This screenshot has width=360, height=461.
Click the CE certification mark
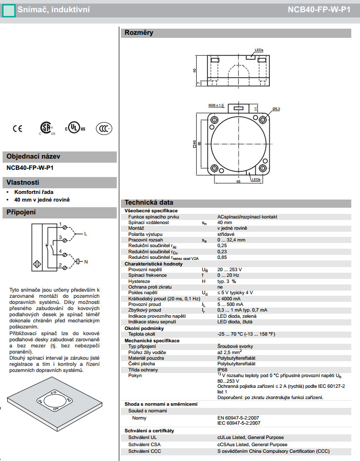(18, 128)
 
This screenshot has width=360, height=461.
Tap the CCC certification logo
(104, 128)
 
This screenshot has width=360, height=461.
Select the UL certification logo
(75, 128)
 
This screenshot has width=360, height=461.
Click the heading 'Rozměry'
(139, 33)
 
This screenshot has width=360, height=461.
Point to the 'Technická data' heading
(149, 203)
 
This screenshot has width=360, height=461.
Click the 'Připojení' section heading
(21, 212)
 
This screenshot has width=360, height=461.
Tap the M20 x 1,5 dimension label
(216, 105)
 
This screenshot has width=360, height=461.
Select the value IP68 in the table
(223, 369)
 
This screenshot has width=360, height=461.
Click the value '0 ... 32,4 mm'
(231, 239)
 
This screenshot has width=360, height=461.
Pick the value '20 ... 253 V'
(229, 269)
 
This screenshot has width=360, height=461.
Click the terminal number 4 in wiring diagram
(60, 251)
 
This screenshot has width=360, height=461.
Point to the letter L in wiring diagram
(86, 233)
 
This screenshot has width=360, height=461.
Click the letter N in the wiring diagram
(86, 261)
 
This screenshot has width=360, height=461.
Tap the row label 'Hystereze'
(139, 281)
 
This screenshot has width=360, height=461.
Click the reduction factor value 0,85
(222, 257)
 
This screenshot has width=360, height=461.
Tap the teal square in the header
(7, 10)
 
